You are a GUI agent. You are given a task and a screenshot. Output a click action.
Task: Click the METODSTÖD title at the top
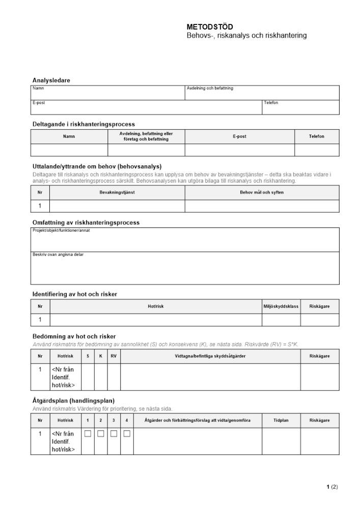[210, 27]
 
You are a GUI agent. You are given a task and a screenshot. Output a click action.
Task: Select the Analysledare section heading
[51, 80]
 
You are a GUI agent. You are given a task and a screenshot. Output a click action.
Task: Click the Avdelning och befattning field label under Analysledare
[210, 89]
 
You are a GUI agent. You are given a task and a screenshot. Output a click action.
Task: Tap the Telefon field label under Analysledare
[271, 103]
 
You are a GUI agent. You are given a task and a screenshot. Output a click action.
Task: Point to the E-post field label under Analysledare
[39, 103]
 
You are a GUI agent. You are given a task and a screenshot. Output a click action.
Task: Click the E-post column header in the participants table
[239, 136]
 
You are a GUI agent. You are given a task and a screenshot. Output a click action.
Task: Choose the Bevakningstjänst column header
[117, 192]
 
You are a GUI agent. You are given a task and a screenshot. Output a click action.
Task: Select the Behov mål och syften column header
[262, 192]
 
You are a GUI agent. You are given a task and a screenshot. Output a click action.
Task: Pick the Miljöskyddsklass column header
[281, 306]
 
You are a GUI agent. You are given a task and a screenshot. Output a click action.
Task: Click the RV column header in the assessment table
[114, 356]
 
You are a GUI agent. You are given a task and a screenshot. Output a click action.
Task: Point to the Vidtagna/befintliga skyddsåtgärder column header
[210, 356]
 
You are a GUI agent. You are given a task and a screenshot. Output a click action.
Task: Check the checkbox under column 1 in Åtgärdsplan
[88, 434]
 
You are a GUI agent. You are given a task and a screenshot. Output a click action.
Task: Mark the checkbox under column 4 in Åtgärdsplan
[127, 434]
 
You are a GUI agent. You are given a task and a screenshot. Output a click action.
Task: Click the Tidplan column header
[281, 420]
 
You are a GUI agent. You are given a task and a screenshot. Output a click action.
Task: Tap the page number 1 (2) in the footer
[332, 487]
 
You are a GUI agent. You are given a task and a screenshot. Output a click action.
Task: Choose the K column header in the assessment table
[101, 356]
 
